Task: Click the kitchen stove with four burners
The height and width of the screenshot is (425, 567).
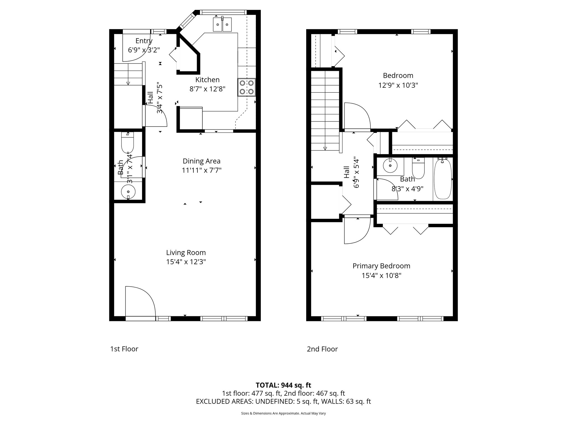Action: [246, 87]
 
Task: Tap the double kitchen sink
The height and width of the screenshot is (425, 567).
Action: [222, 25]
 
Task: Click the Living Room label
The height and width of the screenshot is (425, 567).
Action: [186, 253]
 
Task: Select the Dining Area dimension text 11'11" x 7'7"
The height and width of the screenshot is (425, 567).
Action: [202, 170]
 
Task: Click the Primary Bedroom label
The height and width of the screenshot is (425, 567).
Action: [381, 266]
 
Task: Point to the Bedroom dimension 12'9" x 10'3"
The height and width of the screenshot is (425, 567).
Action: [398, 85]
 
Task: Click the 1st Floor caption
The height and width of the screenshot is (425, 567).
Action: [124, 349]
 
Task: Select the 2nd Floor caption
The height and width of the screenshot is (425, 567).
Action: [322, 349]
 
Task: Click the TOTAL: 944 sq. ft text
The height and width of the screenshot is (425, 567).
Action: [283, 385]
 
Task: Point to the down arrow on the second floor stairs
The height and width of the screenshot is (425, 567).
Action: [325, 148]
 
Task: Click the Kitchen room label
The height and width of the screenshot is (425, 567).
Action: [207, 80]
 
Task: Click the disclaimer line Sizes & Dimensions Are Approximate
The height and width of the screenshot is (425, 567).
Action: [283, 413]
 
